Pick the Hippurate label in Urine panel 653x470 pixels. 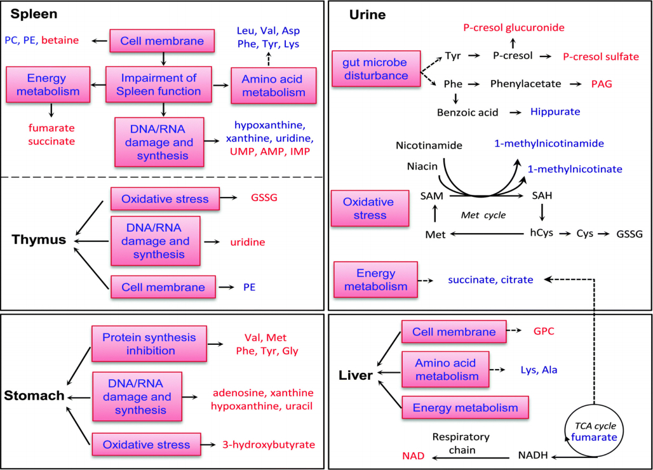click(x=555, y=112)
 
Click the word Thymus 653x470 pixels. click(x=39, y=240)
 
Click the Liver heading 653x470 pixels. click(x=356, y=375)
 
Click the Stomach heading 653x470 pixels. click(x=34, y=396)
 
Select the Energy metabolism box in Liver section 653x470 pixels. click(x=465, y=407)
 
